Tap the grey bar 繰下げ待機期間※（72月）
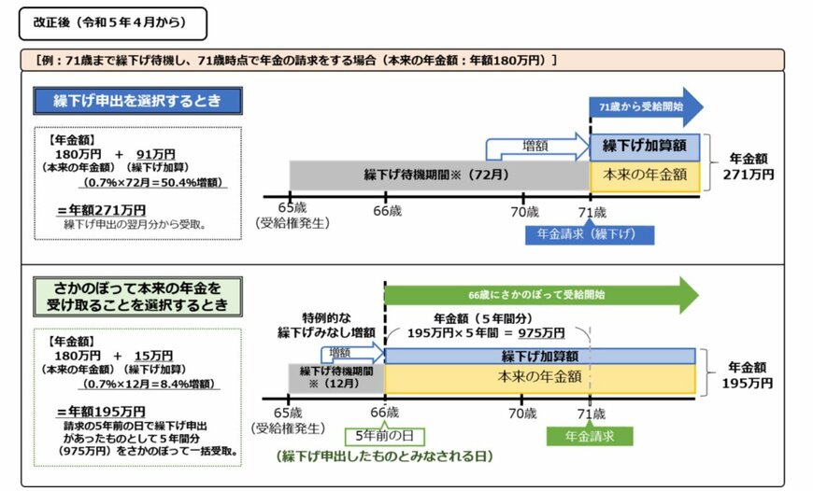tap(439, 175)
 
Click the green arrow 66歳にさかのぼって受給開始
tap(540, 294)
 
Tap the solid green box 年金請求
tap(589, 435)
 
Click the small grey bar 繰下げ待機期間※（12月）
tap(335, 377)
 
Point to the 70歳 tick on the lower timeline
tap(523, 412)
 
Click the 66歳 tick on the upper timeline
tap(385, 211)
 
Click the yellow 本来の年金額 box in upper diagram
tap(645, 174)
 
